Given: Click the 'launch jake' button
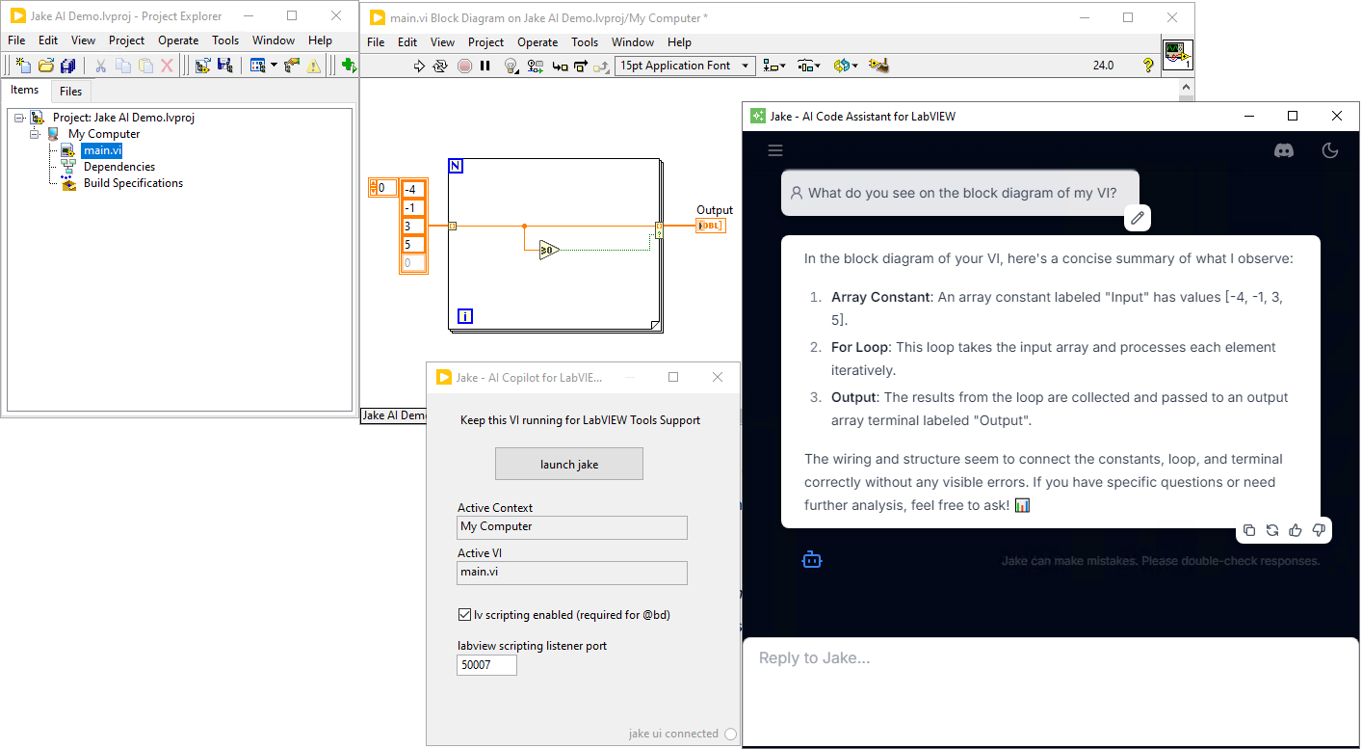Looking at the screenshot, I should point(568,464).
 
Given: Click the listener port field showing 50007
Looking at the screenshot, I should point(486,665).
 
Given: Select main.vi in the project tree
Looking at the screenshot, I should point(102,150).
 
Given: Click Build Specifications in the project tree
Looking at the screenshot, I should point(133,183).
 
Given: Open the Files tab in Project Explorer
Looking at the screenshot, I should point(70,91).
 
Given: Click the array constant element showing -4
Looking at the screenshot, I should point(412,189).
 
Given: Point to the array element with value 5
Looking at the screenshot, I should point(412,244).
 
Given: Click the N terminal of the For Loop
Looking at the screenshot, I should point(456,166).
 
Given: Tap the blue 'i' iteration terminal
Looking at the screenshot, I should point(465,316).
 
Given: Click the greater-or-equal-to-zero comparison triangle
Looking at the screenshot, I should point(548,251).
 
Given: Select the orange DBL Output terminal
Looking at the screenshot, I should point(711,226).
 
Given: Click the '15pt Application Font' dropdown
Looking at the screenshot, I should point(685,66).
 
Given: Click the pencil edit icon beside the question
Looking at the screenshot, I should point(1138,218).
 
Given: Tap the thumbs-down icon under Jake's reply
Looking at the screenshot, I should point(1319,530).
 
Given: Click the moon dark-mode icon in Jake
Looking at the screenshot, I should point(1330,150).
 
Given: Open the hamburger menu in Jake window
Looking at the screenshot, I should point(775,150).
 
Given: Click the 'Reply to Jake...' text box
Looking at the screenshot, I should point(1050,658).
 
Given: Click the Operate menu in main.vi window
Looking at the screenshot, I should point(537,42).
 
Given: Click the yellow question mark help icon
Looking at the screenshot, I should point(1148,66).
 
